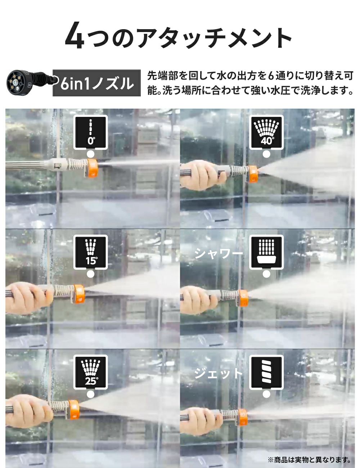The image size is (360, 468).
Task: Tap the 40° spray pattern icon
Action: coord(266,132)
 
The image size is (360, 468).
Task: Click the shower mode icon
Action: coord(266,252)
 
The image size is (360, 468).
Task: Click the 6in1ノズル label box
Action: coord(96,83)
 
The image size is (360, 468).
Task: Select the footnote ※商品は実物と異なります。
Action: coord(309,460)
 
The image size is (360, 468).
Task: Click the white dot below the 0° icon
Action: coord(90,154)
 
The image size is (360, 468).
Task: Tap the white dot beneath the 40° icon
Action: coord(266,154)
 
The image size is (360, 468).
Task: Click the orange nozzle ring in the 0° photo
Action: coord(93,168)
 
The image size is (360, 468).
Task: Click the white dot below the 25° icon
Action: coord(90,394)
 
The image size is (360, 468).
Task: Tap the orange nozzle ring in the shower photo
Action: coord(243,298)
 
